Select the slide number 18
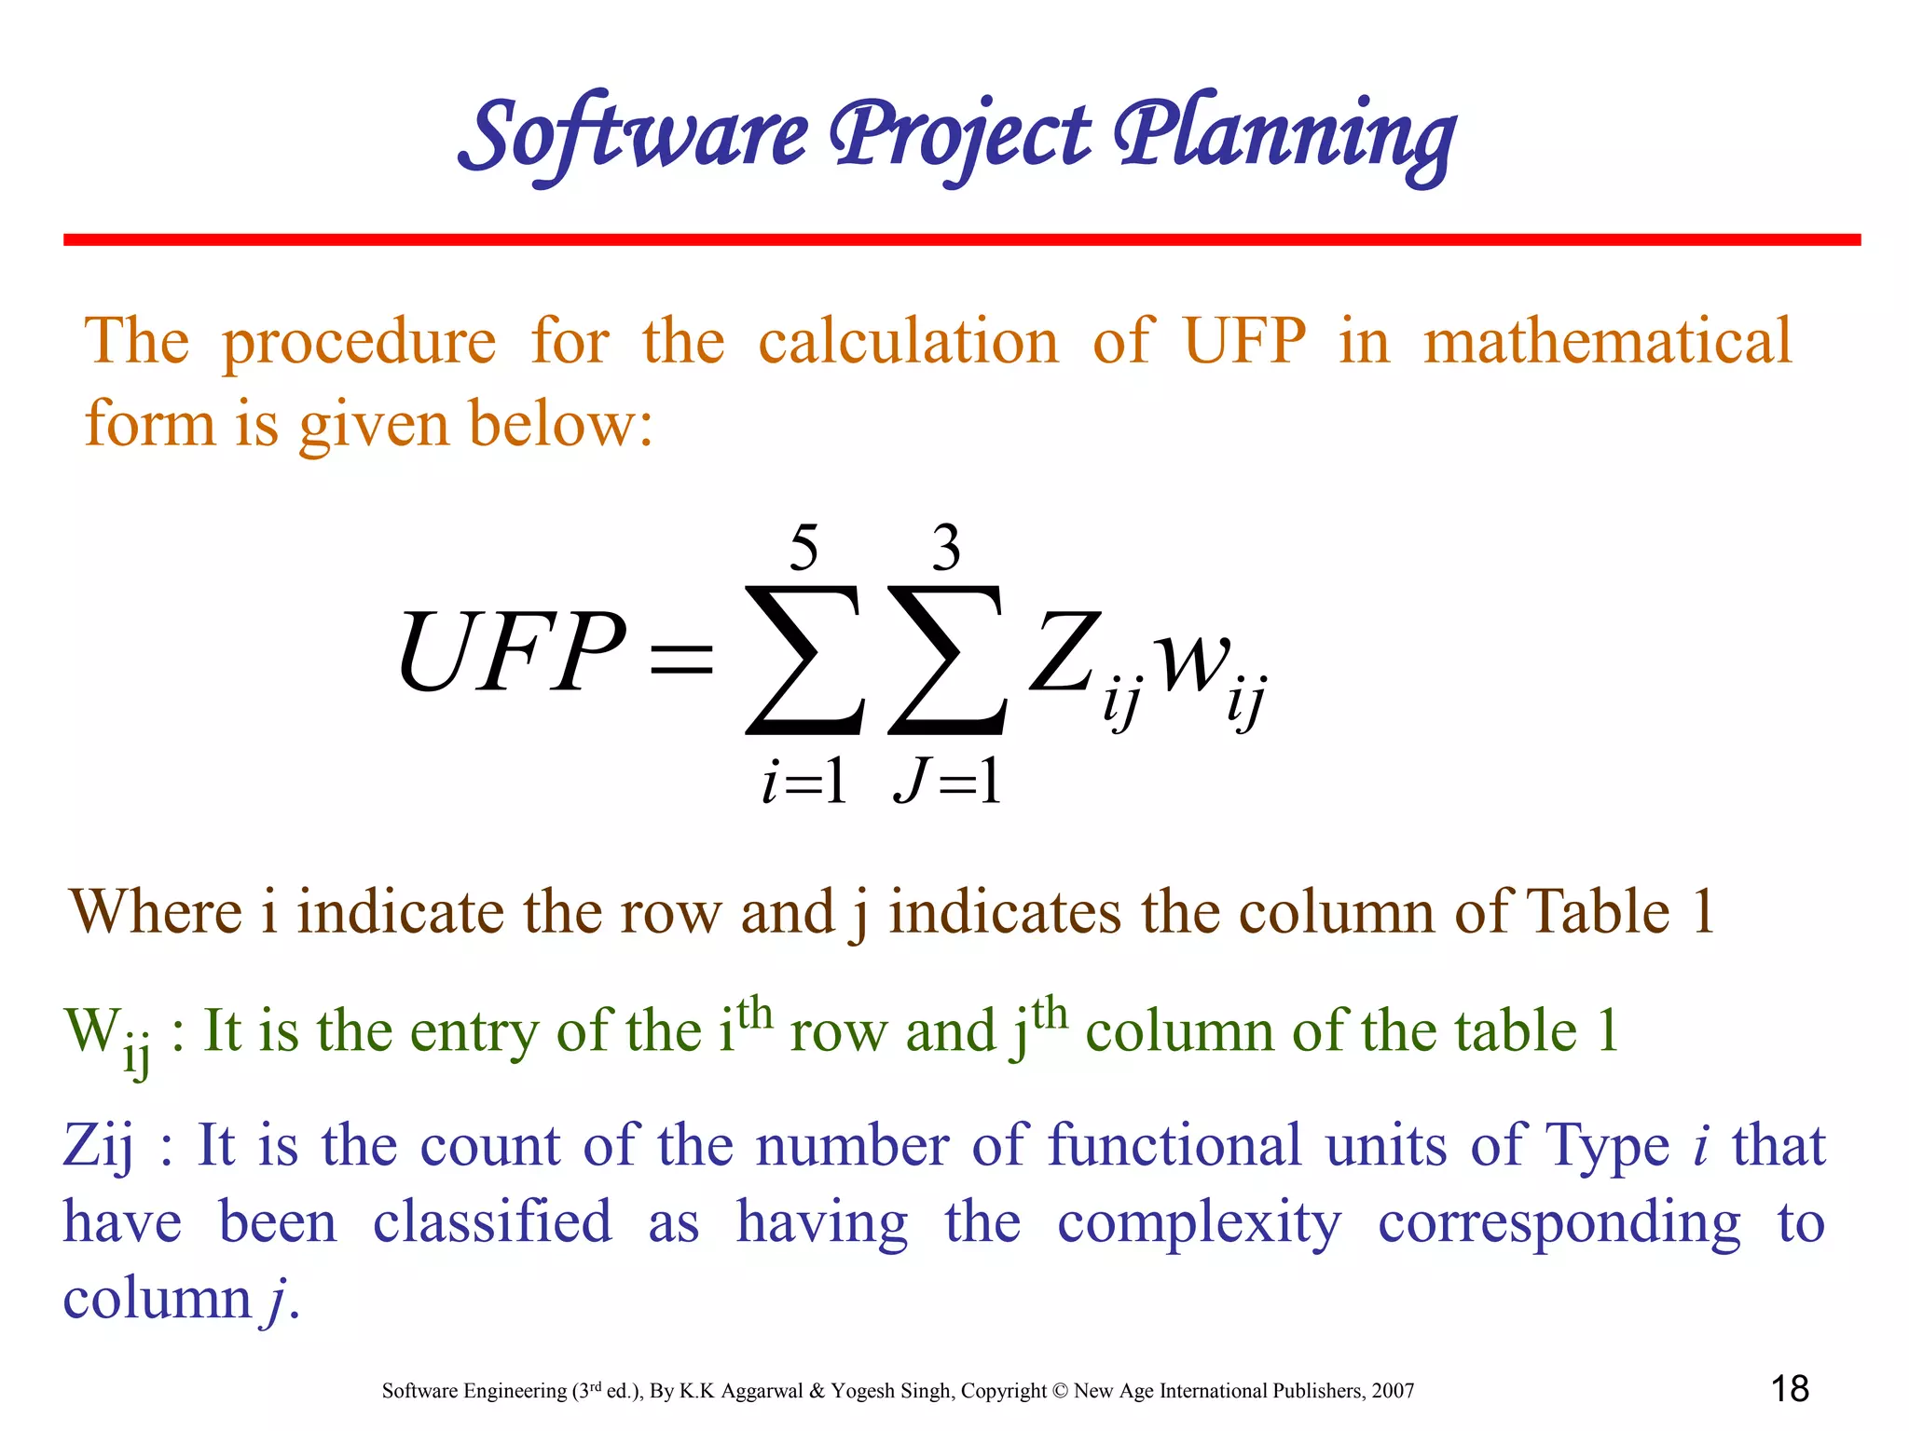1790,1389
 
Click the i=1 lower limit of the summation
803,781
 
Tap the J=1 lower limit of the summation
947,781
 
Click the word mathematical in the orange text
1607,341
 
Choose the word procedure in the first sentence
359,343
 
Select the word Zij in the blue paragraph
98,1147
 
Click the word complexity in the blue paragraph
1200,1223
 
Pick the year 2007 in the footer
1393,1391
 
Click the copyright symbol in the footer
1060,1391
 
